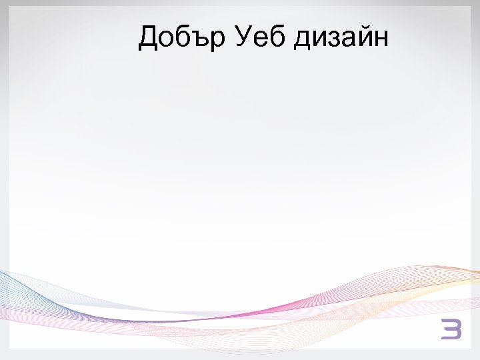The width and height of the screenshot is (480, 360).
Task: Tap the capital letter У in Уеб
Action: click(x=243, y=38)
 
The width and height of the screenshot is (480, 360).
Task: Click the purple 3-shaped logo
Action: click(x=451, y=329)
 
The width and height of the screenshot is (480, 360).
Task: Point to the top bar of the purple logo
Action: click(x=451, y=323)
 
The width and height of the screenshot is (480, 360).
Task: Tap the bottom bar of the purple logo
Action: click(x=451, y=337)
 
